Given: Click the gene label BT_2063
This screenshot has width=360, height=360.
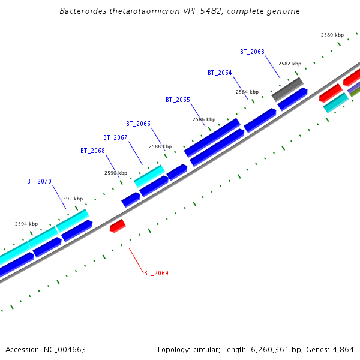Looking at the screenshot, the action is click(x=252, y=52).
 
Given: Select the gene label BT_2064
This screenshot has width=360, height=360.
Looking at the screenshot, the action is click(x=220, y=73).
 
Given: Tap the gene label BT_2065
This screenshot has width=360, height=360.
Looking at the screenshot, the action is click(x=178, y=100).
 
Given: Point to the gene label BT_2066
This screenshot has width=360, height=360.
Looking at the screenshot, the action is click(x=138, y=124).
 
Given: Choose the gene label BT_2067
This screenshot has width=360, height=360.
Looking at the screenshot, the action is click(x=115, y=138).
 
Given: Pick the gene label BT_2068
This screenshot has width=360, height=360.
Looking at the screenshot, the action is click(x=92, y=151).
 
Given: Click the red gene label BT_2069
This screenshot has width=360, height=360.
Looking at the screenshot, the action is click(x=156, y=274).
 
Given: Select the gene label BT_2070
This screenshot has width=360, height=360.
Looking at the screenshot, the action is click(x=39, y=181).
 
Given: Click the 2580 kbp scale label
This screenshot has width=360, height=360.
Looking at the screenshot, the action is click(x=332, y=35).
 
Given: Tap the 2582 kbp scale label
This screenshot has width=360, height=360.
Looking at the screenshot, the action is click(x=290, y=64).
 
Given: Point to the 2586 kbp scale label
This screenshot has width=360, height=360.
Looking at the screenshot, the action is click(x=204, y=120).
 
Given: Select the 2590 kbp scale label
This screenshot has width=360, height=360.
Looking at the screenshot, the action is click(x=116, y=173).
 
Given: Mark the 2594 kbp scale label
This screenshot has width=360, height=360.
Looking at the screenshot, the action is click(x=26, y=224).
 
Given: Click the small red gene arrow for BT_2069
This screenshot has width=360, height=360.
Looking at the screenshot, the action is click(x=118, y=226).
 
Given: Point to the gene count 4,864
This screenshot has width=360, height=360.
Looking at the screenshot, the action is click(x=343, y=349).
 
